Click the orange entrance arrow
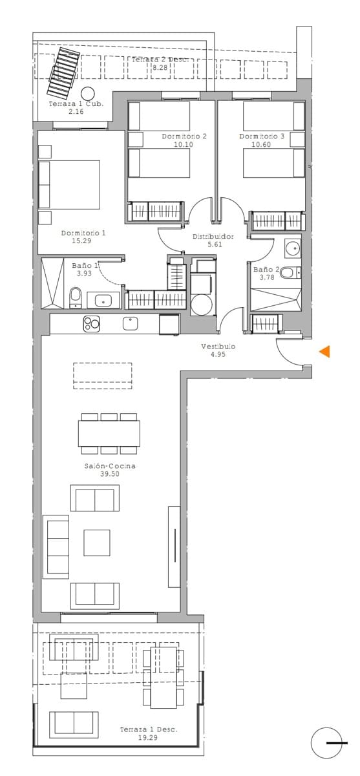pos(326,351)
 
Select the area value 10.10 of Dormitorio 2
pos(184,145)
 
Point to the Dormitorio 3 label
pos(262,136)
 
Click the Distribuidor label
pos(213,237)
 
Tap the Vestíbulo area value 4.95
pos(217,354)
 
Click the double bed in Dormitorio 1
pos(70,184)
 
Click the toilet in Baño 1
pos(75,298)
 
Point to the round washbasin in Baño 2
pos(293,247)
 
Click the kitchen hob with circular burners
pos(91,323)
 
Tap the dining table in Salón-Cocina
pos(109,433)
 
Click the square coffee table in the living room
pos(96,542)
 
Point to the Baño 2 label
pos(266,270)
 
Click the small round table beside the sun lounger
pos(89,92)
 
